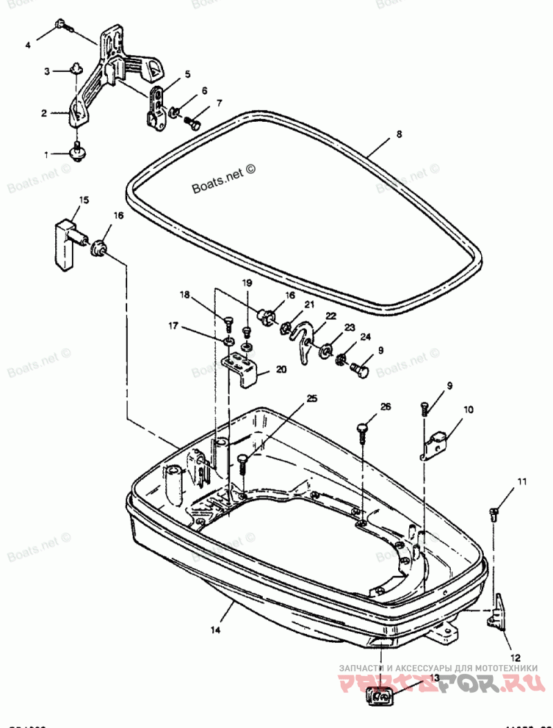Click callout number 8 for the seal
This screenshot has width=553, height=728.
coord(398,136)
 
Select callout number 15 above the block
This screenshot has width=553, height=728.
coord(83,200)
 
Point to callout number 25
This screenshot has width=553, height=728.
coord(312,399)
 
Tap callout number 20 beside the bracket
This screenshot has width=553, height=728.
coord(281,369)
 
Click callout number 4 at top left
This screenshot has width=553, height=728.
coord(28,45)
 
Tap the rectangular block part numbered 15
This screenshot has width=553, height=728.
coord(66,243)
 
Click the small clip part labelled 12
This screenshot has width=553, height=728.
coord(498,614)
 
